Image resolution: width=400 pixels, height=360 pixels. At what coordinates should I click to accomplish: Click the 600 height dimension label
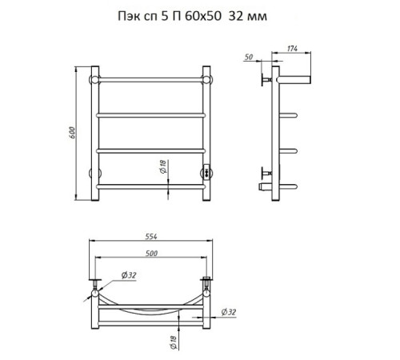pos(72,133)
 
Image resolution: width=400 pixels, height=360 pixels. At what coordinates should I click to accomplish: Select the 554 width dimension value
pos(151,237)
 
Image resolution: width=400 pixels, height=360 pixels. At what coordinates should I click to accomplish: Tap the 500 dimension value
pos(151,253)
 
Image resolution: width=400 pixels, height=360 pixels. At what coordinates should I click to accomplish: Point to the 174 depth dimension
pos(292,49)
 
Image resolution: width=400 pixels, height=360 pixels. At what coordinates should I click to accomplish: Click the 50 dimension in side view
pos(249,57)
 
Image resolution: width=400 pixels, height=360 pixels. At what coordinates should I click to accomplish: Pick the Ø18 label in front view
pos(163,166)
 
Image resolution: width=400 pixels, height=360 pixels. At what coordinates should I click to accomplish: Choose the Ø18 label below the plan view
pos(174,342)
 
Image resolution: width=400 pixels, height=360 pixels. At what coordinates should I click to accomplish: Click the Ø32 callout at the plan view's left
pos(129,275)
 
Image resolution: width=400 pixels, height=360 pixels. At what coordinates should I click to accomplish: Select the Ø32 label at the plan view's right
pos(229,312)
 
